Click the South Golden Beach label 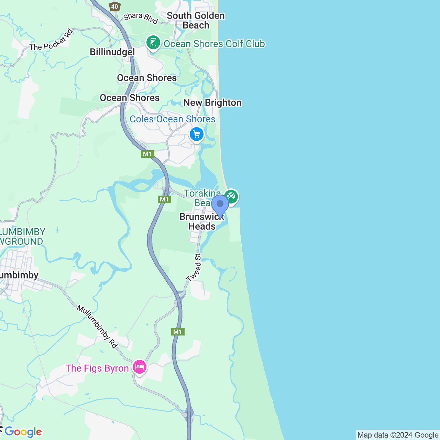(196, 20)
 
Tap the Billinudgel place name (112, 52)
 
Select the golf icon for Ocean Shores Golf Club (153, 43)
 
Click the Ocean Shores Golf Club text (214, 44)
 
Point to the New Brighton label (212, 102)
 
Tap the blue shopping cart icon (197, 134)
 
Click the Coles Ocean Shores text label (173, 119)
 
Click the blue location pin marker (220, 205)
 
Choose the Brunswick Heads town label (202, 221)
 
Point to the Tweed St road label (194, 267)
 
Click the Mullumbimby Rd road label (97, 326)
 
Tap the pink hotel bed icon (139, 367)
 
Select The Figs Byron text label (97, 368)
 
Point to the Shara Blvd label (141, 18)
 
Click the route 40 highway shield (114, 6)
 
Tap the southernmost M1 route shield (178, 332)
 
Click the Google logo (23, 432)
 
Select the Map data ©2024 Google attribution (398, 435)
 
